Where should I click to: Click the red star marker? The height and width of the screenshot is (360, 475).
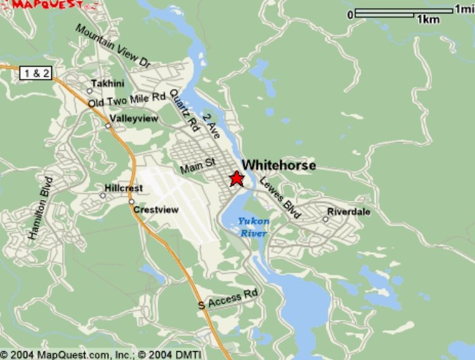(236, 179)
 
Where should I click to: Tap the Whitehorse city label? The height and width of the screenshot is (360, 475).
(279, 165)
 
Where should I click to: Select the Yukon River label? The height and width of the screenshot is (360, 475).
(253, 227)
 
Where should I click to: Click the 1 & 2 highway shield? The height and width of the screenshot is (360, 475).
(36, 74)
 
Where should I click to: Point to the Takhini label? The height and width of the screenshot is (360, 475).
(104, 84)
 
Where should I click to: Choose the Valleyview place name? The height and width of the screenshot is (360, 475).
(134, 119)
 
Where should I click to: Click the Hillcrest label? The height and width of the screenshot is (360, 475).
(123, 188)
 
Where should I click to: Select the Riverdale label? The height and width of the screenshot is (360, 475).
(349, 212)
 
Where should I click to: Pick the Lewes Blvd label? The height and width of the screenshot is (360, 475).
(279, 198)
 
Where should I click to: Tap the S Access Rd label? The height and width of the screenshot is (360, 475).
(228, 299)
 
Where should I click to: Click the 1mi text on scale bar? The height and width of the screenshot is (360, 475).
(462, 10)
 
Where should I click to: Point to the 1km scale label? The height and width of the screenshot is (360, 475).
(428, 20)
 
